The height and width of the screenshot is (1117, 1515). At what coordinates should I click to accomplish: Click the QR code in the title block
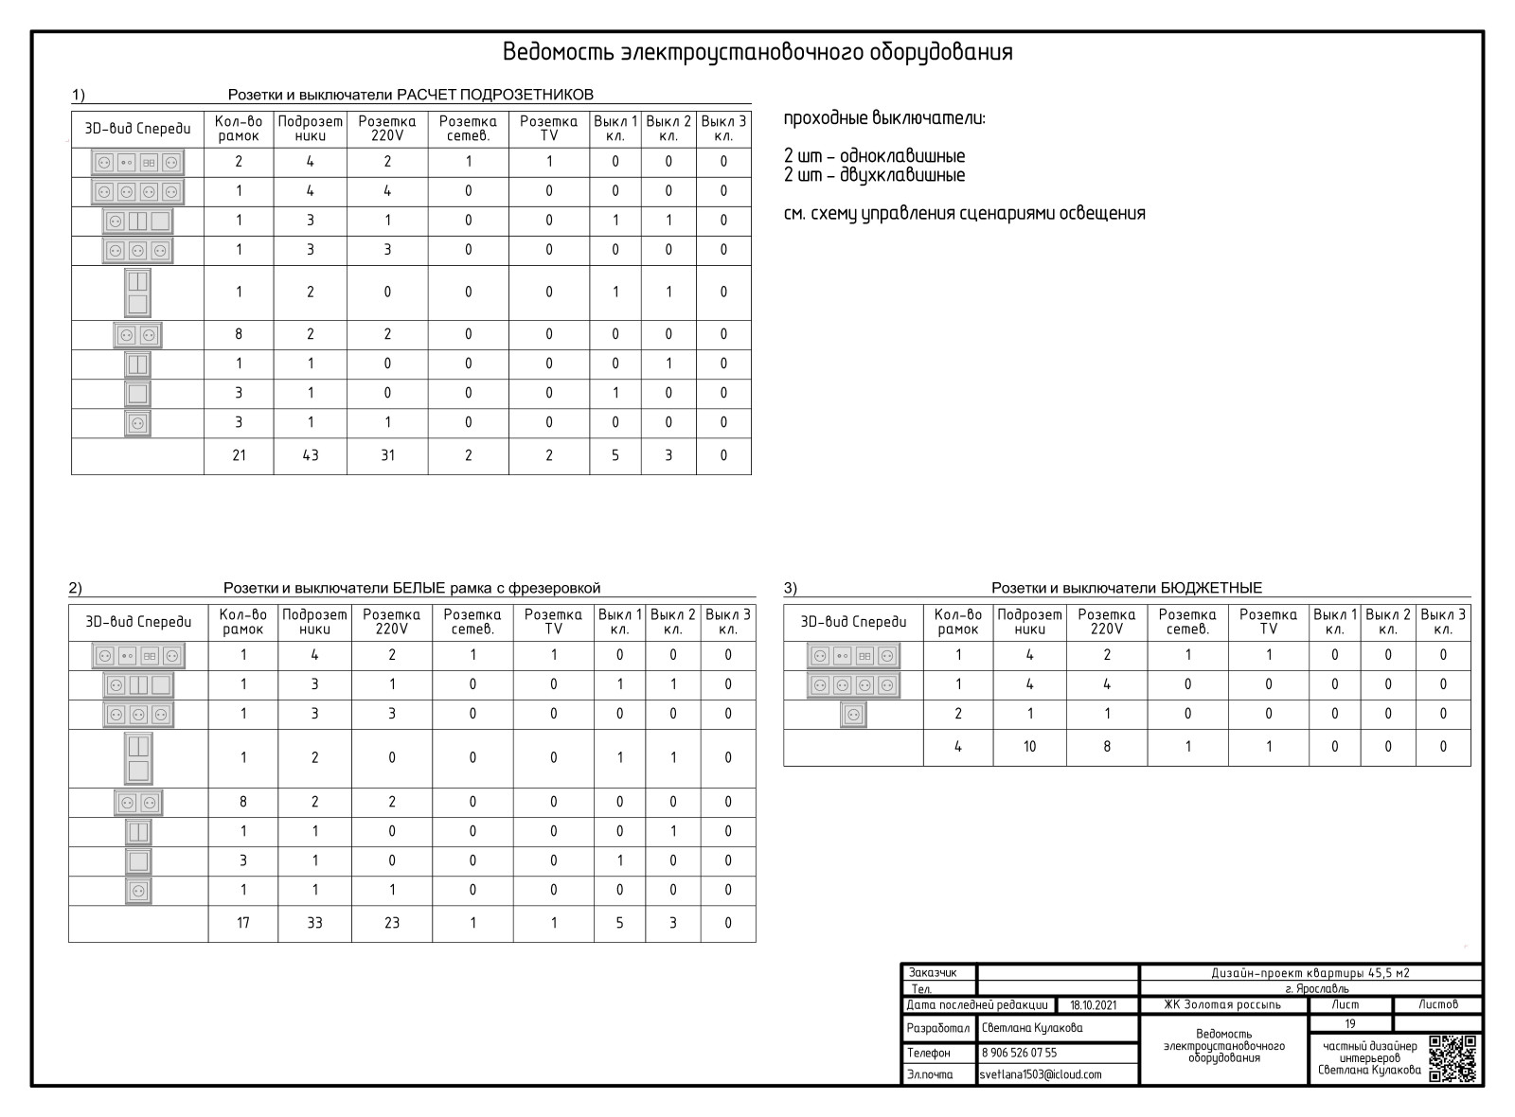(x=1452, y=1058)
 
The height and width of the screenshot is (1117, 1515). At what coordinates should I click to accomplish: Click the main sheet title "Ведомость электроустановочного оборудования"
(x=757, y=52)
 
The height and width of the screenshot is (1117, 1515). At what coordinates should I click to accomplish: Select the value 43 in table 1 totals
(x=310, y=455)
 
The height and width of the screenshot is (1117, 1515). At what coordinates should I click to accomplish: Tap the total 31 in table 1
(x=387, y=455)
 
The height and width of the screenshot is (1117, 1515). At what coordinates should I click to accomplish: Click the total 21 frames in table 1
(x=239, y=455)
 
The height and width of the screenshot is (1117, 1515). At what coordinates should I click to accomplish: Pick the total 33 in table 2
(x=314, y=923)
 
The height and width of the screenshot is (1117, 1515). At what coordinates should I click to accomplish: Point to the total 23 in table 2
(x=392, y=923)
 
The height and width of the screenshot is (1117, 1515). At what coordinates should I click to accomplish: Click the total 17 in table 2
(x=243, y=923)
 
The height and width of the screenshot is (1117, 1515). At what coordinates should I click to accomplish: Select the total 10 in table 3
(x=1029, y=746)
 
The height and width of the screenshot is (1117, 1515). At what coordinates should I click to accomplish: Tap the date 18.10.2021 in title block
(x=1094, y=1005)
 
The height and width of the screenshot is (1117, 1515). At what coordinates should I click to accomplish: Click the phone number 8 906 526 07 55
(x=1019, y=1053)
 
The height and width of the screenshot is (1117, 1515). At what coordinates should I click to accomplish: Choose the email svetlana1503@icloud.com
(x=1041, y=1074)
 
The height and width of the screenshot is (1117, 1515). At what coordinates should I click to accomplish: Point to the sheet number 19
(x=1350, y=1023)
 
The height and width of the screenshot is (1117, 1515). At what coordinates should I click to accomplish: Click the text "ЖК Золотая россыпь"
(x=1222, y=1004)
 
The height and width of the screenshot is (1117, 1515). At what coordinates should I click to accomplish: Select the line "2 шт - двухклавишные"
(x=874, y=176)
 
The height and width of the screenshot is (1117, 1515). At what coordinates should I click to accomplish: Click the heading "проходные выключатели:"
(x=884, y=119)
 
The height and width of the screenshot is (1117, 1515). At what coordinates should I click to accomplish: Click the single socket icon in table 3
(x=853, y=715)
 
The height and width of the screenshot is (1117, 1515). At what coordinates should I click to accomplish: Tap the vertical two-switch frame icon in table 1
(x=137, y=293)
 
